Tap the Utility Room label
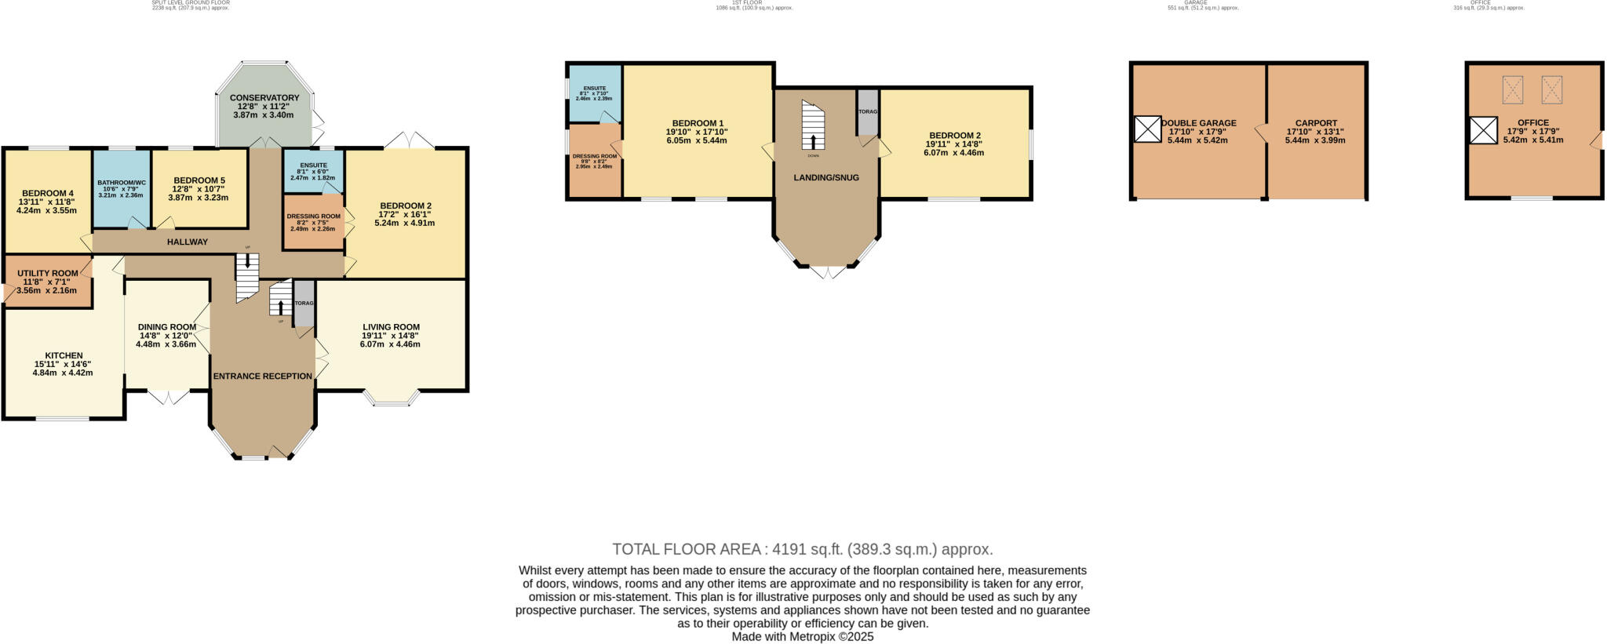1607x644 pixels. (47, 274)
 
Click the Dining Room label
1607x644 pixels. (166, 327)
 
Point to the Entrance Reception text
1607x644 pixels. (262, 377)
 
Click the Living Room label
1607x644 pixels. (391, 327)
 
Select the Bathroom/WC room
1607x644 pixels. (121, 189)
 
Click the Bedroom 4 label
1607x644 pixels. (47, 194)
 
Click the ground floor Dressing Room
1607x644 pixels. (313, 222)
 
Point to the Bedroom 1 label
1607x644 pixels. (697, 124)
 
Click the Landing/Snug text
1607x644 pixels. (825, 178)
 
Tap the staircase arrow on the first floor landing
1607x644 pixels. (813, 142)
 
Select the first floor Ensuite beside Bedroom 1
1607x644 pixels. (594, 93)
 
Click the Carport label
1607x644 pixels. (1315, 123)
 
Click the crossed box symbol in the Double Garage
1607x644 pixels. (1147, 129)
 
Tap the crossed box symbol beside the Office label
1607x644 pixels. (1482, 130)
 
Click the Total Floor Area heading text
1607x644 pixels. (802, 549)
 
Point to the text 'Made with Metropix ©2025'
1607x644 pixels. (802, 637)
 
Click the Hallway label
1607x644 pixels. (187, 242)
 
